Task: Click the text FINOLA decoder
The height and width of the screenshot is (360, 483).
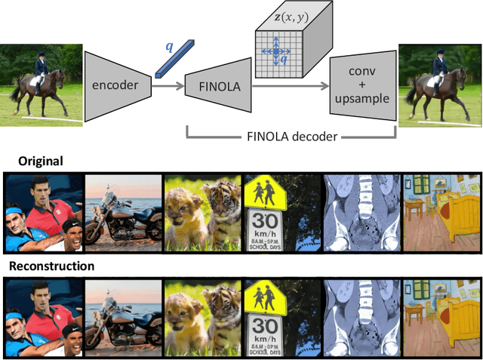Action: [291, 137]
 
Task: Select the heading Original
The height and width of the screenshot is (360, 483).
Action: [32, 162]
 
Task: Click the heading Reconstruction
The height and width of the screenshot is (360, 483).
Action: [51, 266]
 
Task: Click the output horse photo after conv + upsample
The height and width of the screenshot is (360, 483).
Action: [439, 82]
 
